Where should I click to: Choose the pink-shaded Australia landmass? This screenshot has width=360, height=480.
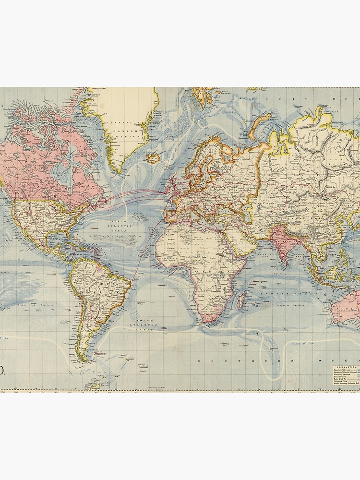(x=347, y=307)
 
